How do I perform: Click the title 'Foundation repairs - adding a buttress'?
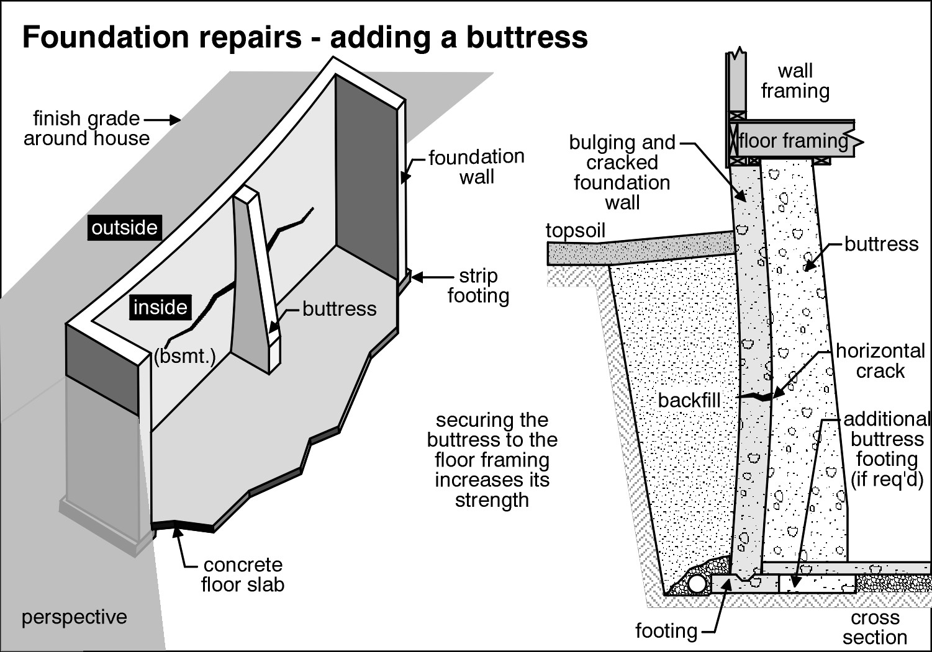tap(305, 37)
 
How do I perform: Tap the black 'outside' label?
tap(124, 228)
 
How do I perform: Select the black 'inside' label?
tap(160, 307)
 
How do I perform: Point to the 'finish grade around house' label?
tap(86, 128)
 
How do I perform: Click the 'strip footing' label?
tap(477, 286)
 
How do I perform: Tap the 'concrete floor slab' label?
tap(242, 574)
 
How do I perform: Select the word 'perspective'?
tap(74, 617)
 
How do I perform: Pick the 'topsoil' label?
tap(575, 231)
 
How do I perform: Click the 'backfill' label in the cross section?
tap(689, 400)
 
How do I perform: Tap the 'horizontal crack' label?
tap(880, 361)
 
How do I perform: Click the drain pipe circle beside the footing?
tap(697, 584)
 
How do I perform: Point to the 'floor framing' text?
tap(793, 141)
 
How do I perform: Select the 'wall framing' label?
tap(795, 81)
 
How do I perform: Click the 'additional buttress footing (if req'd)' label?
tap(886, 449)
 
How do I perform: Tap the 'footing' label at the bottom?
tap(666, 631)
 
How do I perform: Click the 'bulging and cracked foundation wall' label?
tap(622, 172)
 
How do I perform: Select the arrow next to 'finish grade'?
tap(163, 118)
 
